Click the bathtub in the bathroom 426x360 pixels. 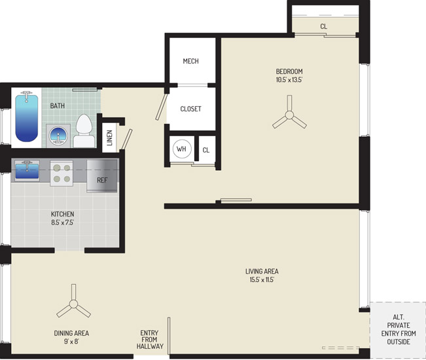pyautogui.click(x=26, y=117)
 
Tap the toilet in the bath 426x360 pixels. pyautogui.click(x=84, y=131)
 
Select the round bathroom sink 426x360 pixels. pyautogui.click(x=58, y=136)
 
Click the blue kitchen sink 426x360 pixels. pyautogui.click(x=27, y=170)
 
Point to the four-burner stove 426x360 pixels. pyautogui.click(x=62, y=173)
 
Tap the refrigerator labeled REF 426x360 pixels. pyautogui.click(x=102, y=176)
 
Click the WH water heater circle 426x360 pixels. pyautogui.click(x=182, y=149)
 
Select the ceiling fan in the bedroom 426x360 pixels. pyautogui.click(x=289, y=115)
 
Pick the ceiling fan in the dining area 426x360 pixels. pyautogui.click(x=74, y=304)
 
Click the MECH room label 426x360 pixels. pyautogui.click(x=190, y=61)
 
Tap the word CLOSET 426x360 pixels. pyautogui.click(x=190, y=109)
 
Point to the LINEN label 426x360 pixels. pyautogui.click(x=110, y=137)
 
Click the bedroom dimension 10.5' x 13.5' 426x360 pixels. pyautogui.click(x=289, y=80)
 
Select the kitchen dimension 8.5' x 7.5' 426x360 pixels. pyautogui.click(x=62, y=223)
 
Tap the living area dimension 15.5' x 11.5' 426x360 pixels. pyautogui.click(x=262, y=279)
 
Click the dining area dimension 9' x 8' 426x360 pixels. pyautogui.click(x=71, y=342)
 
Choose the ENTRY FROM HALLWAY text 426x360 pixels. pyautogui.click(x=150, y=340)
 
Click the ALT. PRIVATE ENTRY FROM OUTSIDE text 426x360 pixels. pyautogui.click(x=399, y=329)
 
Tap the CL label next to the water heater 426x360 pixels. pyautogui.click(x=206, y=151)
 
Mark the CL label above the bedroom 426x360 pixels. pyautogui.click(x=323, y=26)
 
